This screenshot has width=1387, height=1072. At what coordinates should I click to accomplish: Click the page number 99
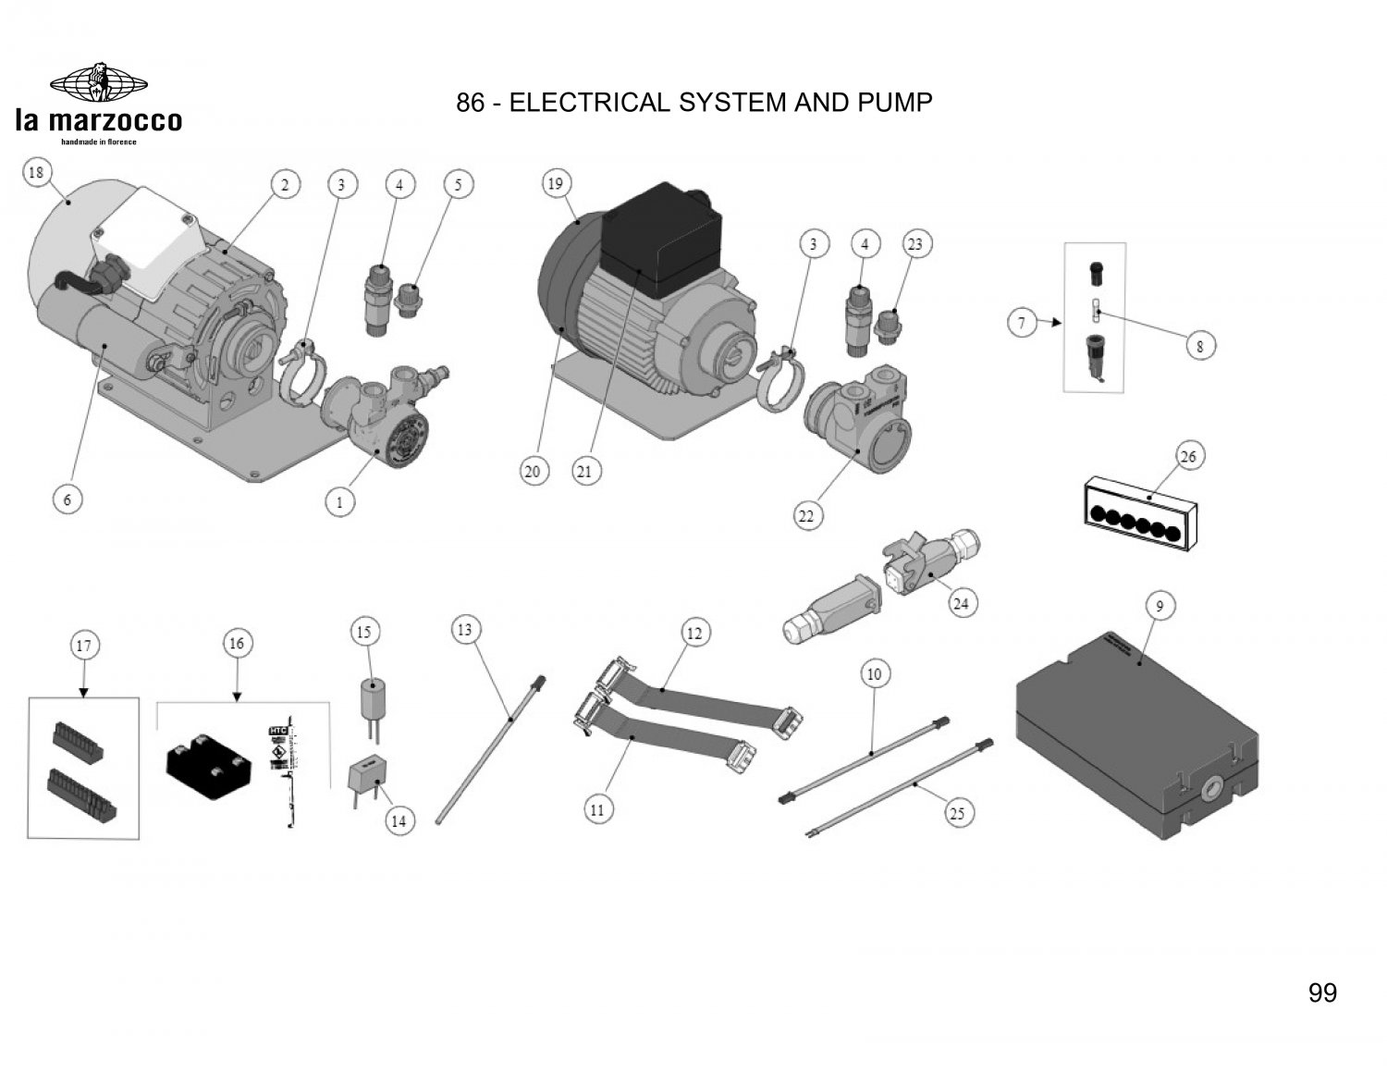1322,992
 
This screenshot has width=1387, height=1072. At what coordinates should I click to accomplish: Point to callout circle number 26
1188,456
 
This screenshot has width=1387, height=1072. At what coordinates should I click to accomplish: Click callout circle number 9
1160,607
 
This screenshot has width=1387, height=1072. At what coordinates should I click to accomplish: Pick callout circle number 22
806,516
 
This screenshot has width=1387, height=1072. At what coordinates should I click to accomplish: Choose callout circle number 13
464,631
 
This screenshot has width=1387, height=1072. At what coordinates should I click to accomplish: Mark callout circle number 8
1200,347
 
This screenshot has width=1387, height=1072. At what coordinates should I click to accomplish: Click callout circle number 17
83,645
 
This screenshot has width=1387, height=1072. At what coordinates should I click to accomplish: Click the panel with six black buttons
1139,513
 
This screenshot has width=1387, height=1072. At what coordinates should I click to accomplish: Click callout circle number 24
961,603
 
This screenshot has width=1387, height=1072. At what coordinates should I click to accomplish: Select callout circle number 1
340,503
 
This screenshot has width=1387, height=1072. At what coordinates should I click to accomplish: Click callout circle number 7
1022,323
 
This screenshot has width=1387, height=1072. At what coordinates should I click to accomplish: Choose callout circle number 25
957,813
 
